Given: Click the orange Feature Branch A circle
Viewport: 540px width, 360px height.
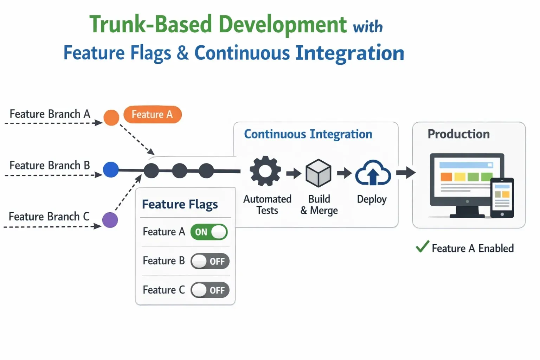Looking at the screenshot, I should tap(111, 117).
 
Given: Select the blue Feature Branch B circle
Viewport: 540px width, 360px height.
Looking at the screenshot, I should tap(111, 169).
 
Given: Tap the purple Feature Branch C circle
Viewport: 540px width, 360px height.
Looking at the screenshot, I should tap(110, 220).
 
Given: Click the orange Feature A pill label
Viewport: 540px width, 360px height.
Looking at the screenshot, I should tap(152, 115).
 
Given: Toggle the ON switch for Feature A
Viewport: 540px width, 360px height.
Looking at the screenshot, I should tap(209, 232).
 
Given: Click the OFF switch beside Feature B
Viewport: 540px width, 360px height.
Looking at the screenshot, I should tap(210, 261).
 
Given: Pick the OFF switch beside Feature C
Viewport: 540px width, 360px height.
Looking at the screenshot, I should tap(210, 290).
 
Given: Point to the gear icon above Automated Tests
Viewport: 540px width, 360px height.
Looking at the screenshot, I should tap(265, 171).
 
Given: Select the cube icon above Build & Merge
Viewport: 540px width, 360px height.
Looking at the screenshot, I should tap(318, 173).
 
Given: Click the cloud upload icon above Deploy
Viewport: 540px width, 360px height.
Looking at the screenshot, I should tap(373, 173).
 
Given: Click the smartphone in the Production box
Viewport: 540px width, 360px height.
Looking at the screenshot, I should tap(502, 198).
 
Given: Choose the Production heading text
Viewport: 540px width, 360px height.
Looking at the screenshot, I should tap(458, 134).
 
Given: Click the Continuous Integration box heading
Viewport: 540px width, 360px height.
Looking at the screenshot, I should tap(308, 134).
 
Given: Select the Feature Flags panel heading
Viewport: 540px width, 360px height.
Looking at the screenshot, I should tap(180, 204).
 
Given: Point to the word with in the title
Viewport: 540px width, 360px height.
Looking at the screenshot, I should tap(368, 27).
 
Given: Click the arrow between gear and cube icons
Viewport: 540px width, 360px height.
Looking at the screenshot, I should tap(294, 173).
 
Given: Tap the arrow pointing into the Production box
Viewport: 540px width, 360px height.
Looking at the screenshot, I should tap(406, 173).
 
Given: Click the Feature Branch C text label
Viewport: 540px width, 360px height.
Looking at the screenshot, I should tap(49, 217).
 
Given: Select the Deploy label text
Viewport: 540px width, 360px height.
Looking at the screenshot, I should tap(372, 199).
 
